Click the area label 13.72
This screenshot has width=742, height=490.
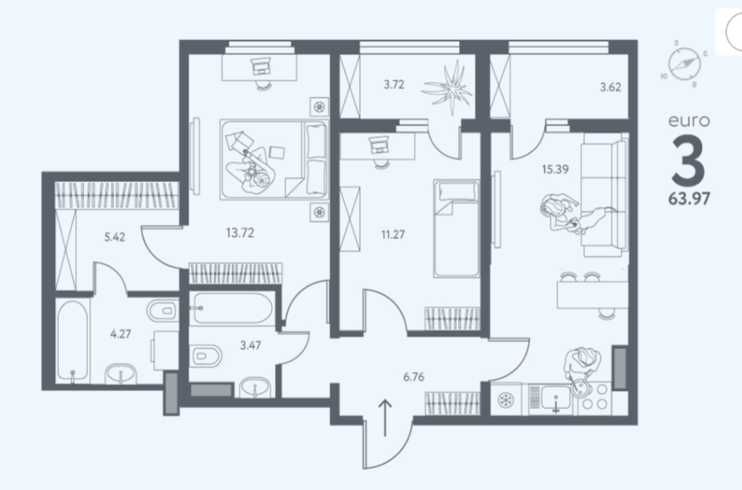[240, 233]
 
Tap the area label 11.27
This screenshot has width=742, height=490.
[393, 234]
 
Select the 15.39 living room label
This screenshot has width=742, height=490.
[555, 169]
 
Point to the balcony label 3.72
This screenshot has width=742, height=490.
[394, 85]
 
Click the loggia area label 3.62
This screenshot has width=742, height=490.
[611, 87]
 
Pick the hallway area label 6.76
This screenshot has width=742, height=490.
[413, 377]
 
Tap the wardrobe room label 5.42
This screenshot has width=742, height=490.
[115, 237]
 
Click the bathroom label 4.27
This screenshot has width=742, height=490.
[121, 333]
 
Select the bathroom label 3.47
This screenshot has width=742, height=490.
[250, 345]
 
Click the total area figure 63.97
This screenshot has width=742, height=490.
[689, 199]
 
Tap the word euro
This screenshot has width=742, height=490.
[689, 121]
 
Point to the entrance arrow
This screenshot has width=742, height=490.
[385, 418]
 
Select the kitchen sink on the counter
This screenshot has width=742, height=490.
[556, 399]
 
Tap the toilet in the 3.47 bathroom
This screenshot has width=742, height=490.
[206, 356]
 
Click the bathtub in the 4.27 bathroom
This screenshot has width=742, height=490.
[72, 340]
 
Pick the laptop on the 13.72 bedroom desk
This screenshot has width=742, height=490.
[260, 66]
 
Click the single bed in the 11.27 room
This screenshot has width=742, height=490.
[456, 228]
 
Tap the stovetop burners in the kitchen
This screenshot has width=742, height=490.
[595, 396]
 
